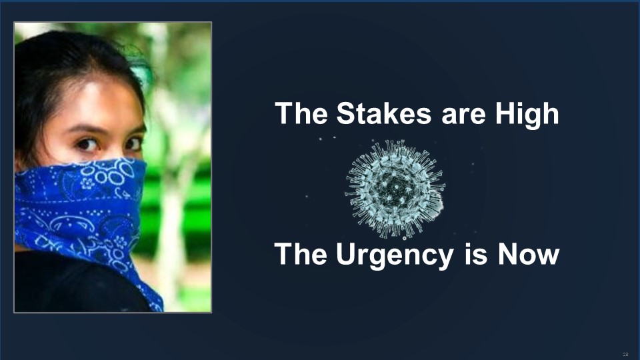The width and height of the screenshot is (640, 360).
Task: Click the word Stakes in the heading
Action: [384, 113]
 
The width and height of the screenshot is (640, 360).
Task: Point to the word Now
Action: [528, 253]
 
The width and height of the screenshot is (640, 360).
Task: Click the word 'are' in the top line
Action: [463, 116]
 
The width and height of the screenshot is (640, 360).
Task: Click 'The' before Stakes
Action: [301, 113]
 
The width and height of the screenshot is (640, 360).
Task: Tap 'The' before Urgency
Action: [301, 253]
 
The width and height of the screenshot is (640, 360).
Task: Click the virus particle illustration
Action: [395, 189]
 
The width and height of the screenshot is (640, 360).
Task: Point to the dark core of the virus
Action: [394, 189]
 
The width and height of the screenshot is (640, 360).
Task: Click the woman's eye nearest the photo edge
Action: [87, 144]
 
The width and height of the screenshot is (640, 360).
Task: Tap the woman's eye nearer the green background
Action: [133, 143]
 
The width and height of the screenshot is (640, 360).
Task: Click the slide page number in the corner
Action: [625, 354]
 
